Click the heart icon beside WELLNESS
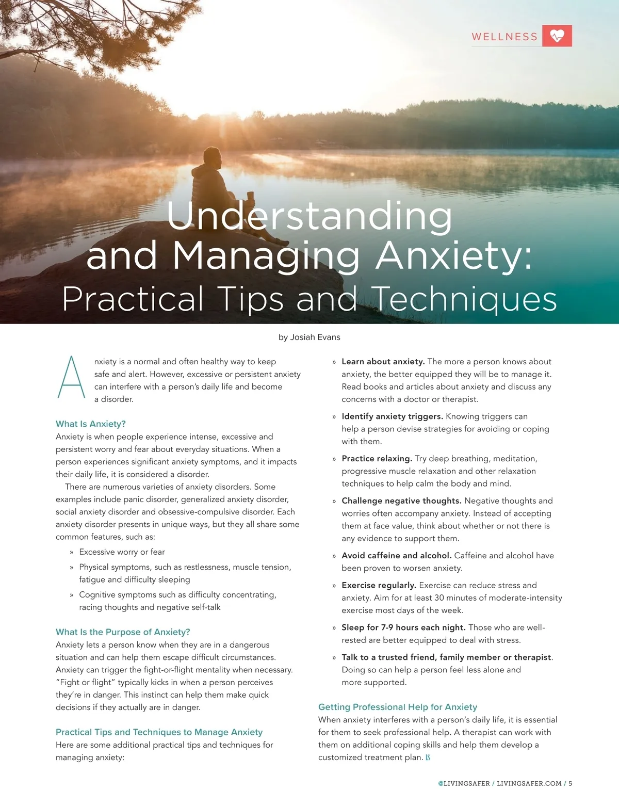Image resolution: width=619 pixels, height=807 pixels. tap(557, 36)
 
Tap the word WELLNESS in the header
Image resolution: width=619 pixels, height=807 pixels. tap(504, 37)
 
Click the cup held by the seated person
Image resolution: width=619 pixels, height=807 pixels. tap(251, 198)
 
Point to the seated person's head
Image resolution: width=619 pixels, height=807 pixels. tap(211, 157)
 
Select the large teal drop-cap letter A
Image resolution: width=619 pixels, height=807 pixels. tap(71, 377)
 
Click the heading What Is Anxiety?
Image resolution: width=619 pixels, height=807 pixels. tap(91, 424)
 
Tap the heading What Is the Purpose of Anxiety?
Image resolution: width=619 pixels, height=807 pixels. tap(123, 632)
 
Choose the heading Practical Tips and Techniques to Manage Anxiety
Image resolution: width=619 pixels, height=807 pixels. tap(159, 732)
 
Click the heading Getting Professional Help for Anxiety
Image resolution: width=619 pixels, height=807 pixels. tap(397, 707)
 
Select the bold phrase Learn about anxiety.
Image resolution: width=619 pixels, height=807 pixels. tap(383, 362)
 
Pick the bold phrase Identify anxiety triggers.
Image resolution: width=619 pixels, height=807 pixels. tap(392, 416)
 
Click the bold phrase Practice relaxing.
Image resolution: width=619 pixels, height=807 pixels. tap(377, 459)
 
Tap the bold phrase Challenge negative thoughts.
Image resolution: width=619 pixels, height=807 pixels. tap(401, 501)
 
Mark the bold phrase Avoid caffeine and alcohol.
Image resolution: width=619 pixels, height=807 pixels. tap(396, 556)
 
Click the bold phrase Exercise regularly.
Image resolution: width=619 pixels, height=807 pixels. tap(379, 586)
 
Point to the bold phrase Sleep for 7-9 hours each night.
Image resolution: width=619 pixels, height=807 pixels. tap(403, 628)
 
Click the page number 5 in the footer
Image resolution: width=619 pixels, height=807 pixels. tap(571, 783)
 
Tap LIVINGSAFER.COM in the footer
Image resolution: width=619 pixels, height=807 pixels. tap(529, 783)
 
